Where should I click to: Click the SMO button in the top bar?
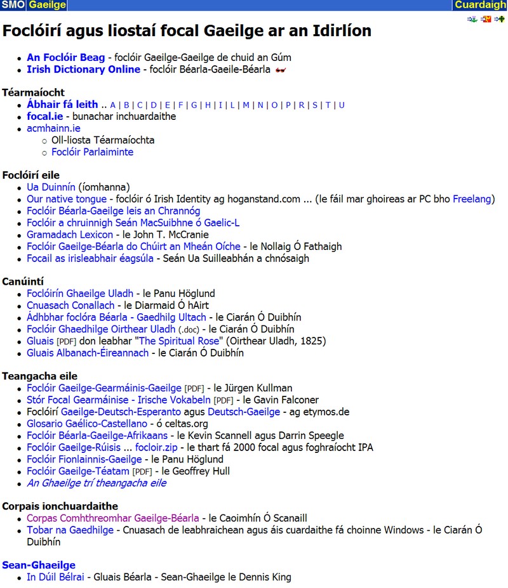click(13, 5)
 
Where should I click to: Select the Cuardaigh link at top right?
click(480, 5)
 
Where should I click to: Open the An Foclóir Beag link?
click(65, 58)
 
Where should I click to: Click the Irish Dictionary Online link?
click(83, 69)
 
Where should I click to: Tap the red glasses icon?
click(280, 70)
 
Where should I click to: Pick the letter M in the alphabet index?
click(246, 105)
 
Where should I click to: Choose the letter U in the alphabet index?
click(342, 105)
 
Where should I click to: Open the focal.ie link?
click(44, 117)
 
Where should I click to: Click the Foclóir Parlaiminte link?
click(92, 152)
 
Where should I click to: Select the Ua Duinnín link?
click(51, 187)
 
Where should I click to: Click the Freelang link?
click(472, 199)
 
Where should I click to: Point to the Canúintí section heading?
click(23, 281)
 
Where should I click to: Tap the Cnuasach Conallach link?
click(70, 306)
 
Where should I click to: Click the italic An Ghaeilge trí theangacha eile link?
click(97, 483)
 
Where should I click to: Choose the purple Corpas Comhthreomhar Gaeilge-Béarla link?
click(112, 518)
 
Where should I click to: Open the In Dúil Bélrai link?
click(55, 577)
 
